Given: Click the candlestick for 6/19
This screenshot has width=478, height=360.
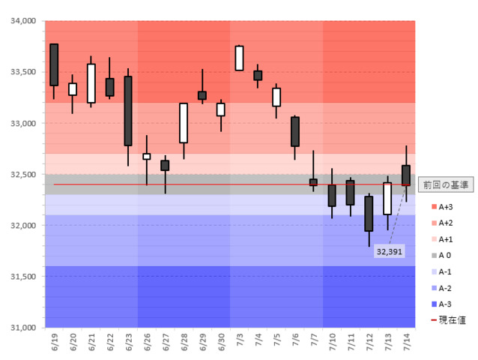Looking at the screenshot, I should tap(54, 64).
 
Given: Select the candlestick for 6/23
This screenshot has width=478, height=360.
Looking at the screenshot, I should tap(128, 110).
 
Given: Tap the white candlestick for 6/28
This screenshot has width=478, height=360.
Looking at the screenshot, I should tap(184, 123).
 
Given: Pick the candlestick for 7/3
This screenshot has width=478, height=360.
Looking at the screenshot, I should tap(239, 58).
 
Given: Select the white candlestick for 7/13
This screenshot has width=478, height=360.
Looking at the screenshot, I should tap(387, 199).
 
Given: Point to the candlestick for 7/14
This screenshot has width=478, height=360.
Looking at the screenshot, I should tap(406, 175).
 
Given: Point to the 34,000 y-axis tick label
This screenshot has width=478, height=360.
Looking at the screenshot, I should tap(22, 21).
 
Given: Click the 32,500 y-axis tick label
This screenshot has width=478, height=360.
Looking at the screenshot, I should tap(22, 175).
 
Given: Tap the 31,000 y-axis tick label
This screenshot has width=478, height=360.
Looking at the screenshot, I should tap(22, 328).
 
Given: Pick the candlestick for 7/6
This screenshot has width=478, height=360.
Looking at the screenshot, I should tap(295, 131).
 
